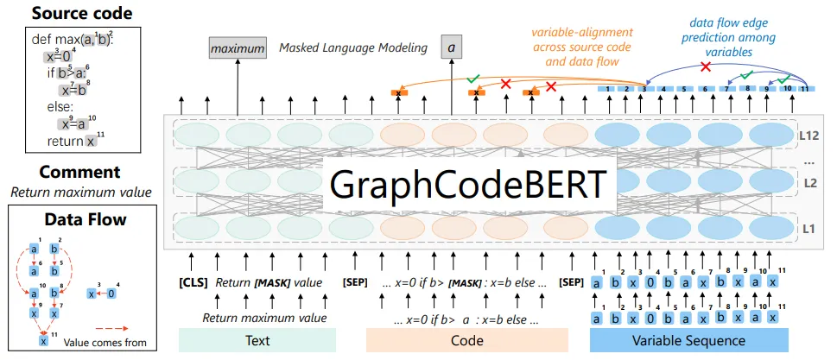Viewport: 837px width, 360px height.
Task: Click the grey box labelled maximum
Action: coord(238,49)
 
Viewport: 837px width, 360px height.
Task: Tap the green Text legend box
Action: coord(257,340)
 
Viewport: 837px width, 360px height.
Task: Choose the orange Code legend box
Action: coord(466,340)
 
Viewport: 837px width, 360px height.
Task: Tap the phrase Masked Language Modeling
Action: coord(353,48)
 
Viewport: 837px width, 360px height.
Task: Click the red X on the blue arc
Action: coord(706,67)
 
